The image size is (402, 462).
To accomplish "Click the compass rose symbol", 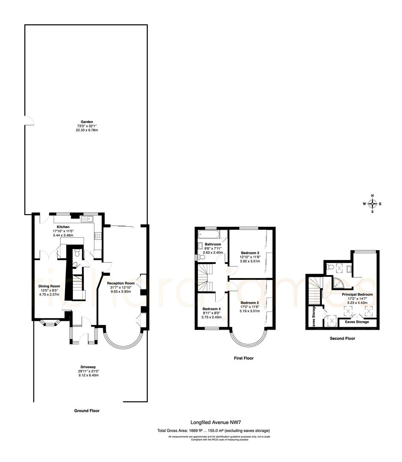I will click(372, 204).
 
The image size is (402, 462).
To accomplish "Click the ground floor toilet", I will click(77, 252).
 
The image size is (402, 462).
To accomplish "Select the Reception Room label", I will click(121, 283).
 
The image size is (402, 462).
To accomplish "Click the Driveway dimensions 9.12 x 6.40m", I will click(88, 375).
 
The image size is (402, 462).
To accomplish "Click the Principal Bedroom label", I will click(357, 294).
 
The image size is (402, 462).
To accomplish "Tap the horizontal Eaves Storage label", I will click(357, 322).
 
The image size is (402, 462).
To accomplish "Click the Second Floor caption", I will click(342, 338).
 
